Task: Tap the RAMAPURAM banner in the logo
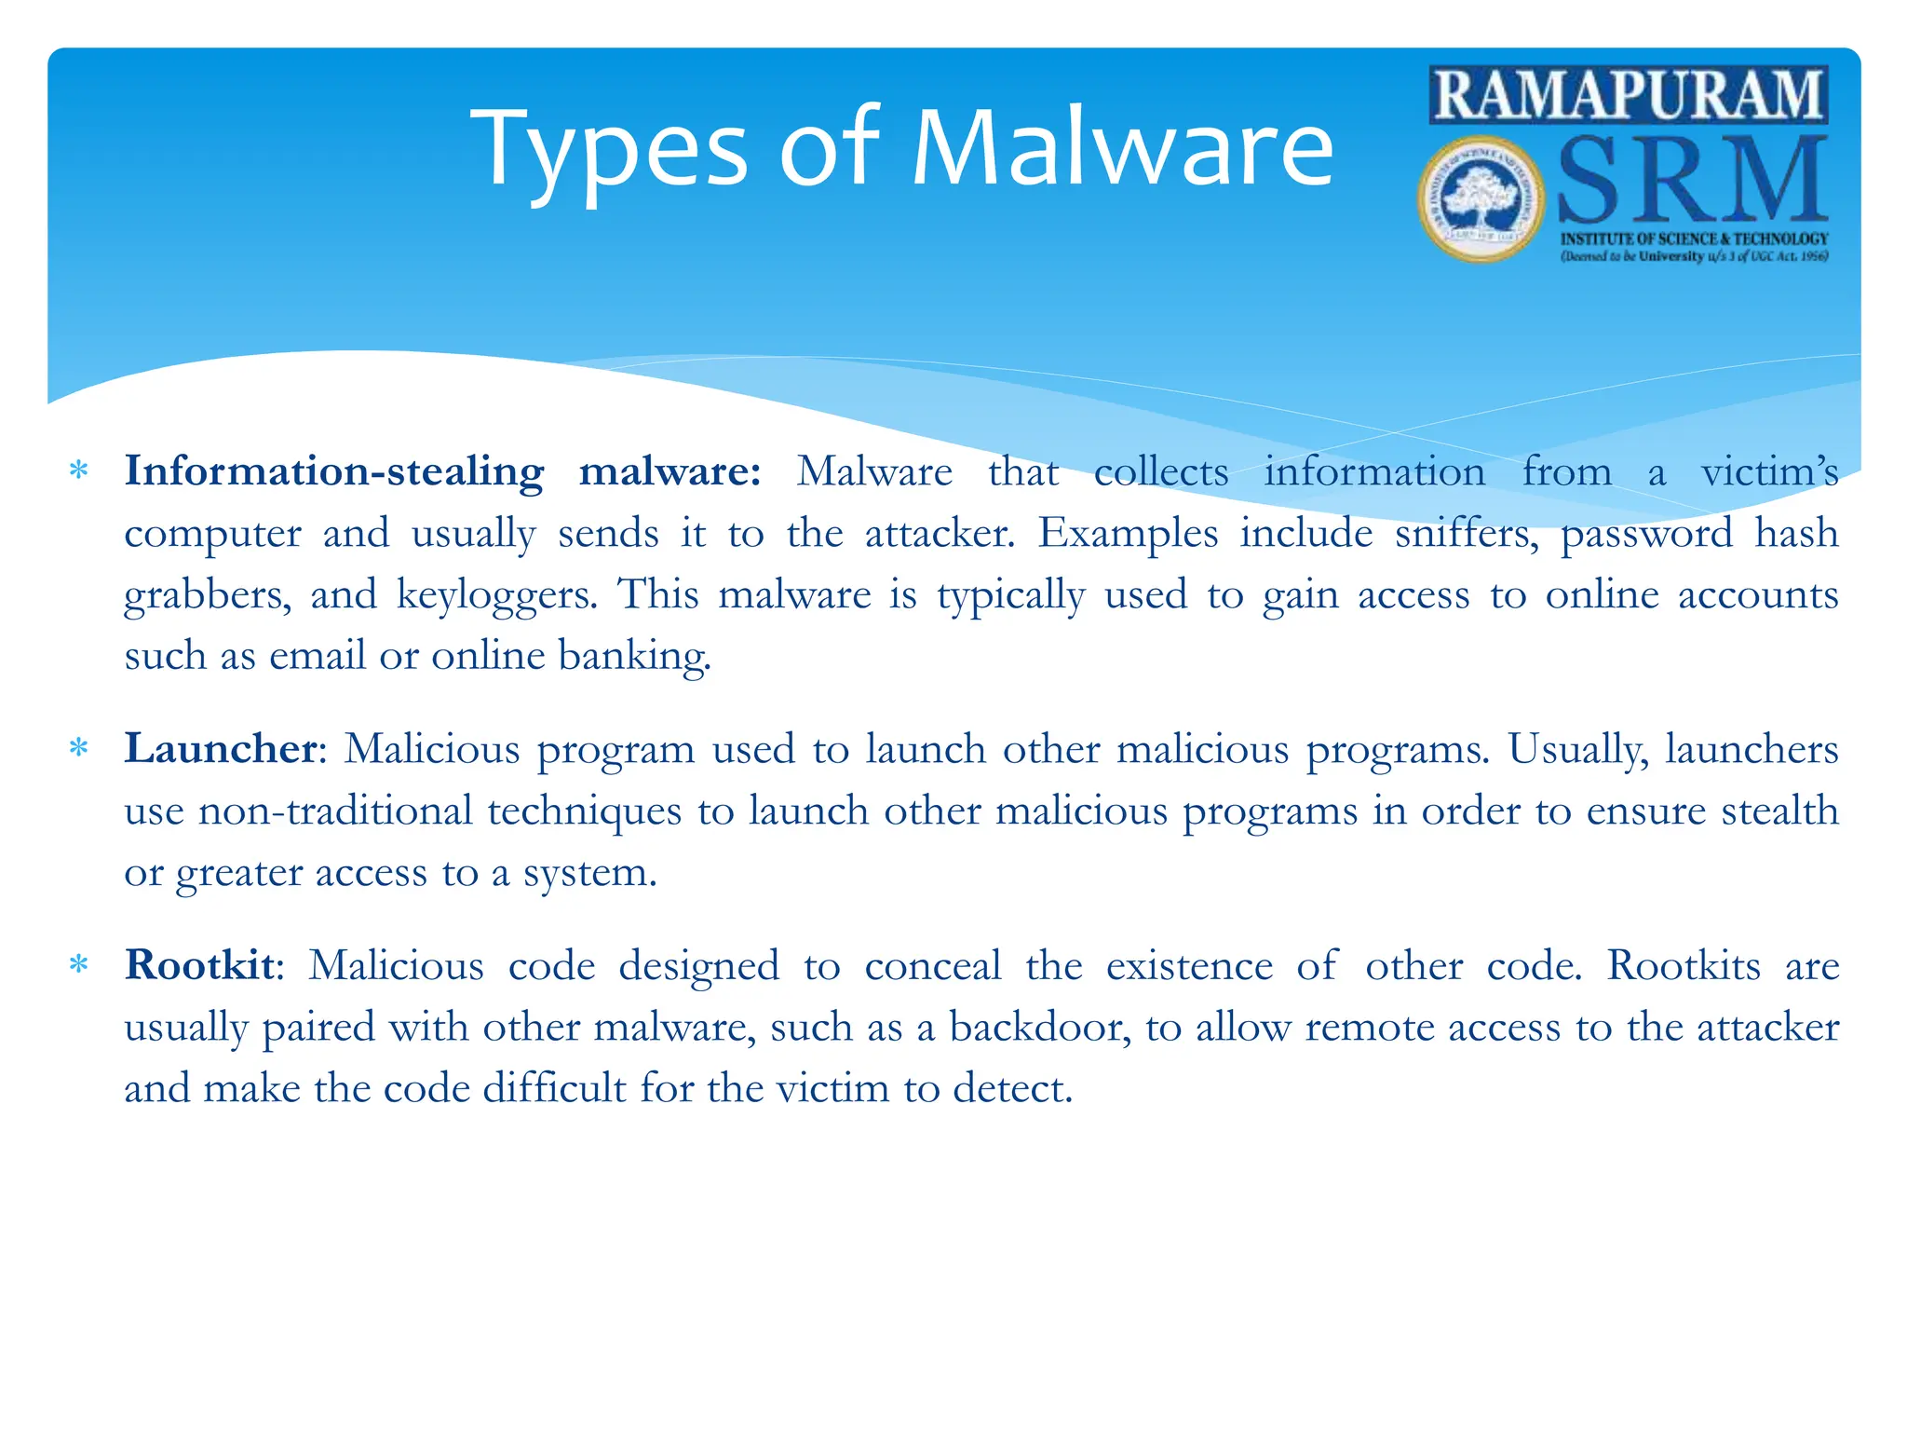(x=1629, y=95)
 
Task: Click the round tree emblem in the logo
(x=1481, y=198)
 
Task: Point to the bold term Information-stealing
(x=334, y=471)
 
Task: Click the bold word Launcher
(x=221, y=749)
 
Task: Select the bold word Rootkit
(x=200, y=965)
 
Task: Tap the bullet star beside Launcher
(x=79, y=749)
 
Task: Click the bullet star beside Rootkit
(x=79, y=965)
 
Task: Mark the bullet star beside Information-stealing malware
(x=79, y=471)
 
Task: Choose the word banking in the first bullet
(x=634, y=657)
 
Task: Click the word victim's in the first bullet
(x=1769, y=471)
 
